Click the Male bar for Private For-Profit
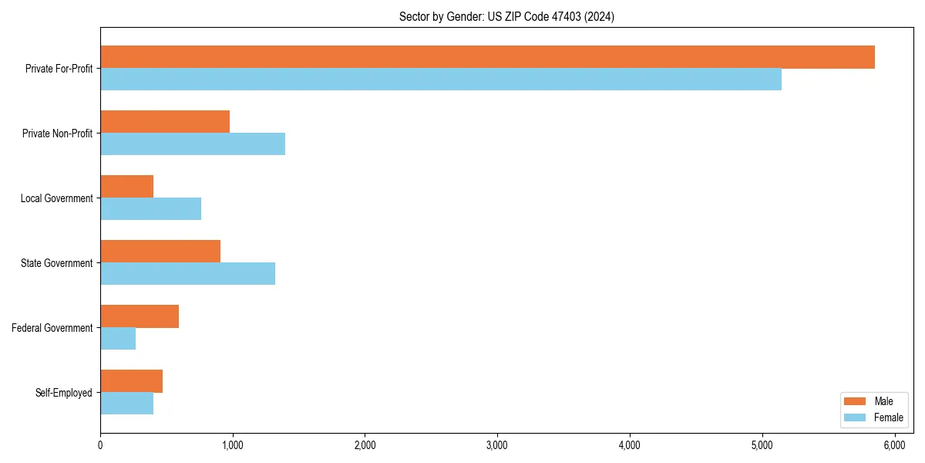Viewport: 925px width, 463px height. point(487,57)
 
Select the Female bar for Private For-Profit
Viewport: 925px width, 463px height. point(441,79)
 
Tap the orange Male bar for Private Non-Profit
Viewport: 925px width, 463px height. point(165,122)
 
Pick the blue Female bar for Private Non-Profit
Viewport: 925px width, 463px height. point(193,144)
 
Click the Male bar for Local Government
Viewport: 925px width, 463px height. point(127,187)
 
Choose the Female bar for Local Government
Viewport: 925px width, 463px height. point(151,209)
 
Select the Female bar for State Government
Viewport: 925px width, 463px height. point(187,274)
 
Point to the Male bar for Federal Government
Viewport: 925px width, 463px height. point(140,316)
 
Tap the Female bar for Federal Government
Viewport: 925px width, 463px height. point(118,339)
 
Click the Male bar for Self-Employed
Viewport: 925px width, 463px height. point(131,381)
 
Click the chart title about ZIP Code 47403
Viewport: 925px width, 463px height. point(506,16)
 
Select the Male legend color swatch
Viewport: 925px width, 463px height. point(856,401)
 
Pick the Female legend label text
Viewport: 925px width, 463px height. point(888,417)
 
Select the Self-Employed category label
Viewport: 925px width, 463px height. point(64,393)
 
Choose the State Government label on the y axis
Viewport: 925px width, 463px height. point(57,263)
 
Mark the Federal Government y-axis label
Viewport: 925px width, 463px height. point(52,328)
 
